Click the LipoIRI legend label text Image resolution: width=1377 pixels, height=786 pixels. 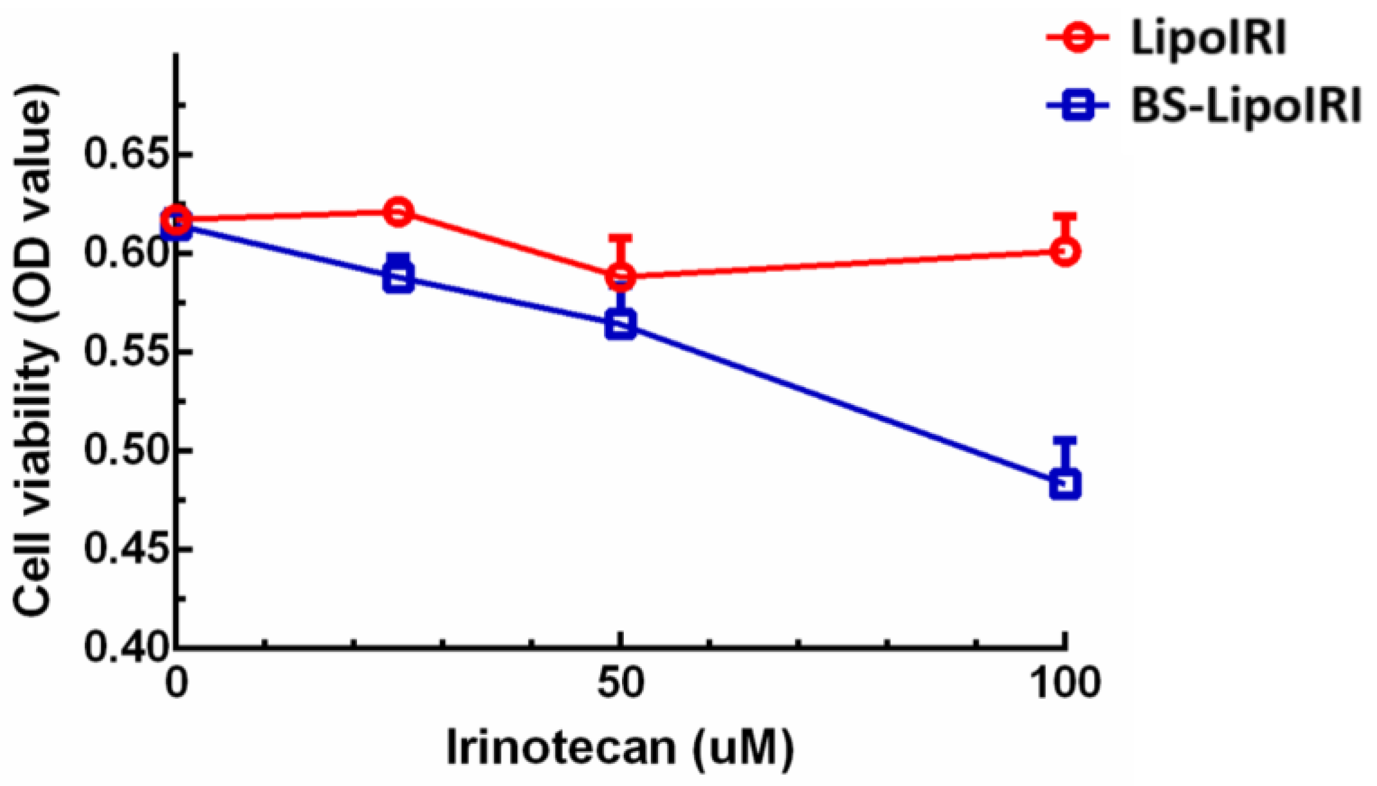pos(1208,37)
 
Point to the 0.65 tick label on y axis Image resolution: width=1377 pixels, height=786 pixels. pos(125,154)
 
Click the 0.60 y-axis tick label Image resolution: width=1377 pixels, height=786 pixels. pos(125,253)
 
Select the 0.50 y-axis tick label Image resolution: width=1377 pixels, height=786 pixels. pos(125,450)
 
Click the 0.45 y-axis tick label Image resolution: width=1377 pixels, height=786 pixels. pos(125,549)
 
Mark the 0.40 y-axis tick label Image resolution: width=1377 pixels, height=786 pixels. pos(125,648)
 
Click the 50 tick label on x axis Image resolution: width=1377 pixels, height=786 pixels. pos(620,684)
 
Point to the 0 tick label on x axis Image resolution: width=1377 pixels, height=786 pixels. pos(176,684)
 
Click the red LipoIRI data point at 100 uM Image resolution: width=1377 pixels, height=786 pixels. pos(1065,251)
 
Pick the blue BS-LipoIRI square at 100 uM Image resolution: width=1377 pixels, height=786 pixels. pos(1065,484)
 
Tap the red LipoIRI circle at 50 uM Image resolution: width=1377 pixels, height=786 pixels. pos(620,276)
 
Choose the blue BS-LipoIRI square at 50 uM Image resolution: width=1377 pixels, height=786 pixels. pos(620,324)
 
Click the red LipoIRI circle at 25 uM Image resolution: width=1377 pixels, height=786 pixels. pos(398,212)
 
